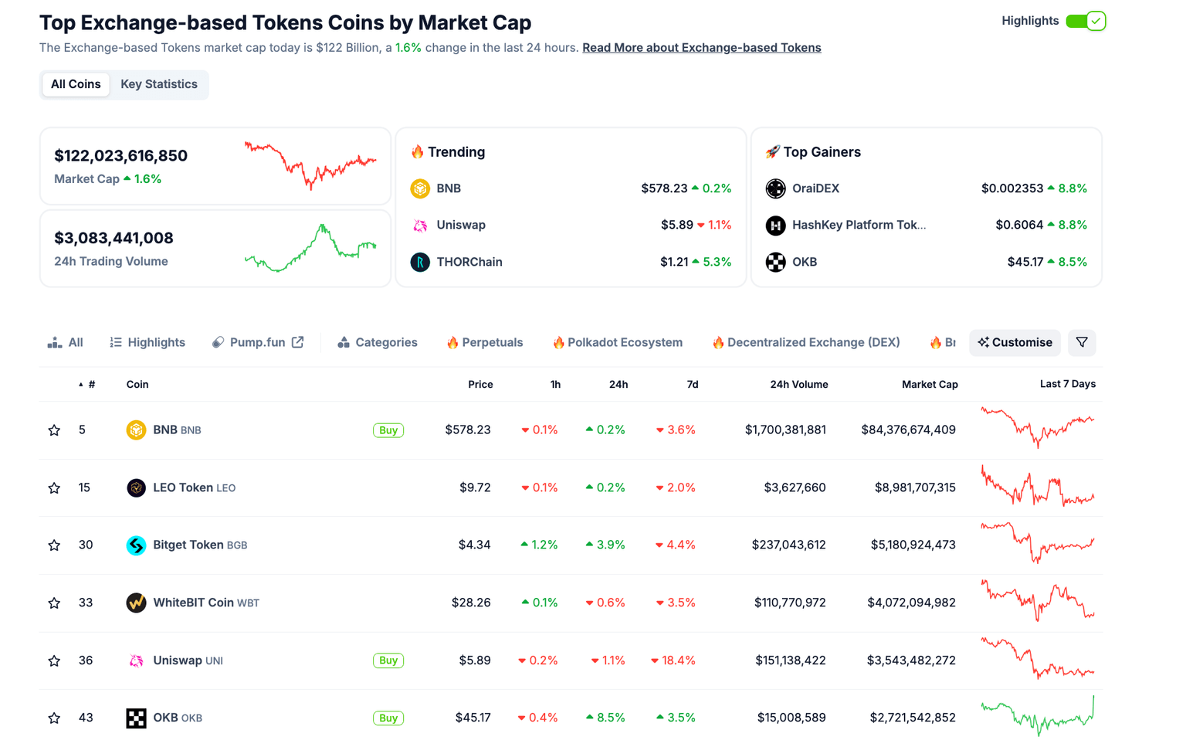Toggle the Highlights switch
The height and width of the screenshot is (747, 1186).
click(1085, 21)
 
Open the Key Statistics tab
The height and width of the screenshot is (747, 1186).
click(158, 84)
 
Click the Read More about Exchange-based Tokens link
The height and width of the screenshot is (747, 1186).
click(701, 48)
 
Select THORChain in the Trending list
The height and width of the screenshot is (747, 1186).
click(469, 262)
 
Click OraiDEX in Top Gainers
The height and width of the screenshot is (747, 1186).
click(815, 188)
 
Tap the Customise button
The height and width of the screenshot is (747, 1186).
click(1015, 342)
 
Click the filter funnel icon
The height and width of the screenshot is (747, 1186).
click(1082, 342)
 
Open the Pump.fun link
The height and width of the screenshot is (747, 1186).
click(258, 342)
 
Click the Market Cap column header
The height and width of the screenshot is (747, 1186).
click(929, 384)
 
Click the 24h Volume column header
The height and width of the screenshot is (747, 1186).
click(798, 384)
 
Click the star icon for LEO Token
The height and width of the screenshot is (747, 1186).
click(54, 487)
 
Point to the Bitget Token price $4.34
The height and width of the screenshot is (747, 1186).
click(474, 545)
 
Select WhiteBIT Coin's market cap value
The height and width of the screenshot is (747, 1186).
click(911, 603)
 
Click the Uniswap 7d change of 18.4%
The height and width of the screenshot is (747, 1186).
click(673, 660)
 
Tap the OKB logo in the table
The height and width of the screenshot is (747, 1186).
click(136, 718)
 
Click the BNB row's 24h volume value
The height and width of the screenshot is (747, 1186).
click(785, 430)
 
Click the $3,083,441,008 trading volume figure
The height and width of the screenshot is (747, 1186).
click(114, 238)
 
